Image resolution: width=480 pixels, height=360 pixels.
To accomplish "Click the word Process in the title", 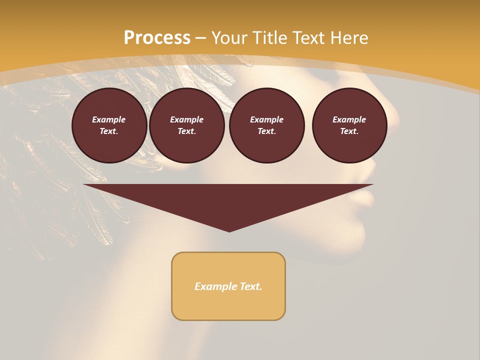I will [157, 38].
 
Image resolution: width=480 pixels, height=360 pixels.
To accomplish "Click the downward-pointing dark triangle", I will [228, 200].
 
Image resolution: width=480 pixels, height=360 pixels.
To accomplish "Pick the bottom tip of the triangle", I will [229, 230].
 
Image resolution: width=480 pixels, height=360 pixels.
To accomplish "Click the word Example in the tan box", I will [215, 286].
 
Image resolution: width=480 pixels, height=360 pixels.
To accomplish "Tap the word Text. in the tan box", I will [250, 286].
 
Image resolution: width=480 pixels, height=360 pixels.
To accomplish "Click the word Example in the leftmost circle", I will [109, 119].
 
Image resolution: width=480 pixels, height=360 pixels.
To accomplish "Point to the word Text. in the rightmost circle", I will [349, 131].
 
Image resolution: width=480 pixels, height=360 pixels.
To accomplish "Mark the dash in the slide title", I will [200, 38].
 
